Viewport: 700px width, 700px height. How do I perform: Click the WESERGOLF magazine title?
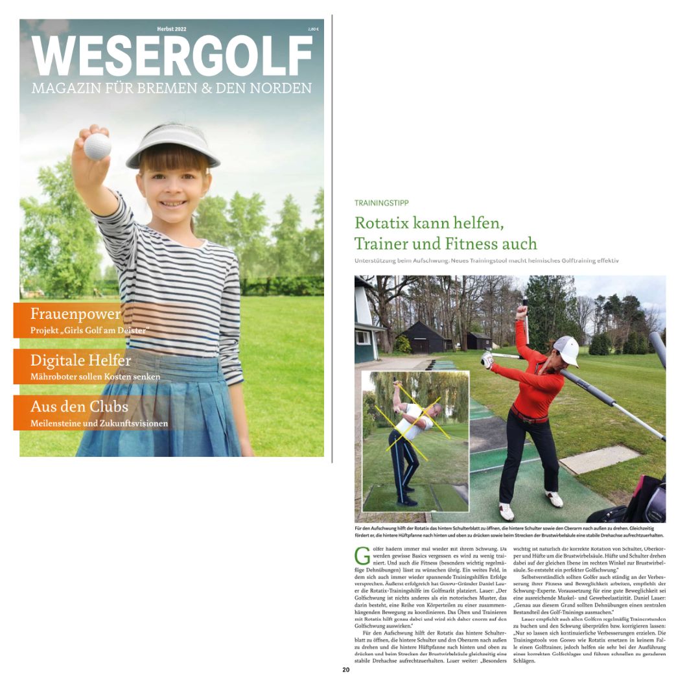172,57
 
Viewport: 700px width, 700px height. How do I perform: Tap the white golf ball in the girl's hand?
97,146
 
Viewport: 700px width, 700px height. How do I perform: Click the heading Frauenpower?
75,314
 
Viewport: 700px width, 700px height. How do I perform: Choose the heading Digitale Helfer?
80,360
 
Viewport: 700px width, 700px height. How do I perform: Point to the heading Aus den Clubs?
79,407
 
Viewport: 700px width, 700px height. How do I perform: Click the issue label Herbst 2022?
172,30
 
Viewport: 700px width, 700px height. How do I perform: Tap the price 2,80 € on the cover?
314,30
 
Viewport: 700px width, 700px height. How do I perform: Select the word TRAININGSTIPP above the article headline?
382,203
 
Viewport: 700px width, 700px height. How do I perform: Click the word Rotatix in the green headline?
382,223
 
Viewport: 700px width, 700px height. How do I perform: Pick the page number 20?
346,670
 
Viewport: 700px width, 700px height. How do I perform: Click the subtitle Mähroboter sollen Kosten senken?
95,377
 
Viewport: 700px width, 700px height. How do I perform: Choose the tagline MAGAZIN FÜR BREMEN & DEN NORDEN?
172,88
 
